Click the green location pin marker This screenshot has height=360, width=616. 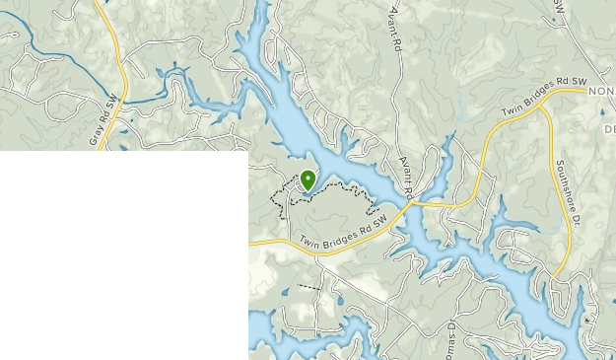[x=308, y=180]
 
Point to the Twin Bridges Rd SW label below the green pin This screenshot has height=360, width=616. [x=338, y=237]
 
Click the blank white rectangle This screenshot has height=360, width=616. [x=123, y=254]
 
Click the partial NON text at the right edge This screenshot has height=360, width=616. [x=601, y=91]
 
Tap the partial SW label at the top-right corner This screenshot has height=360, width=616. [x=559, y=6]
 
